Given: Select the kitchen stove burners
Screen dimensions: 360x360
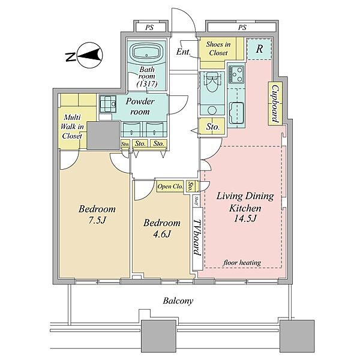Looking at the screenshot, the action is pyautogui.click(x=236, y=74).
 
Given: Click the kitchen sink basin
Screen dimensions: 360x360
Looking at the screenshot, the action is pyautogui.click(x=236, y=113).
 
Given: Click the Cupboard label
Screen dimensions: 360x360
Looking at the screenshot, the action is pyautogui.click(x=275, y=104).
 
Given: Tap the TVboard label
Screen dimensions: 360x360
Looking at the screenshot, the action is pyautogui.click(x=197, y=238).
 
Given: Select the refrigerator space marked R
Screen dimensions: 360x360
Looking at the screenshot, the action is pyautogui.click(x=259, y=49).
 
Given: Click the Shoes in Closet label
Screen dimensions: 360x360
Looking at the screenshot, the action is pyautogui.click(x=218, y=49).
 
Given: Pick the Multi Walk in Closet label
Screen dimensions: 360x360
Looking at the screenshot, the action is pyautogui.click(x=72, y=127).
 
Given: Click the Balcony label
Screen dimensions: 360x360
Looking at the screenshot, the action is pyautogui.click(x=178, y=301).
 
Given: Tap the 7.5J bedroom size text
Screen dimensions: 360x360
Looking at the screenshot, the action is pyautogui.click(x=97, y=220).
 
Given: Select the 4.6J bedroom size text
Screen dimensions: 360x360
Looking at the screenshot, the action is pyautogui.click(x=162, y=234).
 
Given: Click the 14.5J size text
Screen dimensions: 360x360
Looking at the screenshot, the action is pyautogui.click(x=245, y=218).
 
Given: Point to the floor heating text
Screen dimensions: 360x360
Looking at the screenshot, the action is pyautogui.click(x=242, y=262).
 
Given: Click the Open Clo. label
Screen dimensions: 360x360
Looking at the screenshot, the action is pyautogui.click(x=170, y=187).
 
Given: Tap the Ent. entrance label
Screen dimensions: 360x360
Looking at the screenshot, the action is pyautogui.click(x=184, y=52).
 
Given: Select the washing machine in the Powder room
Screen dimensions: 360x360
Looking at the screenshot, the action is pyautogui.click(x=107, y=104).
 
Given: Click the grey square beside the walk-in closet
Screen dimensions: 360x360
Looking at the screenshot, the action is pyautogui.click(x=104, y=136).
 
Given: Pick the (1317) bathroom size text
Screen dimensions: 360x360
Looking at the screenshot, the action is pyautogui.click(x=147, y=84).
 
